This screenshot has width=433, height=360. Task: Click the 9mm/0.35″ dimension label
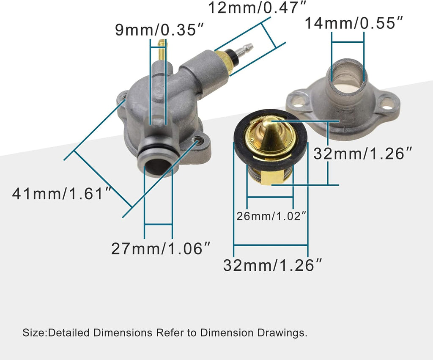pyautogui.click(x=160, y=30)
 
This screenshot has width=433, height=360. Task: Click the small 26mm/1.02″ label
pyautogui.click(x=271, y=216)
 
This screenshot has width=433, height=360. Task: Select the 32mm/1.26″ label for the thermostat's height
pyautogui.click(x=362, y=154)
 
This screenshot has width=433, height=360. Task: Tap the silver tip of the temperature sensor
pyautogui.click(x=245, y=50)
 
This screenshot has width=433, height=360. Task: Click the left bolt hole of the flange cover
pyautogui.click(x=299, y=101)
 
